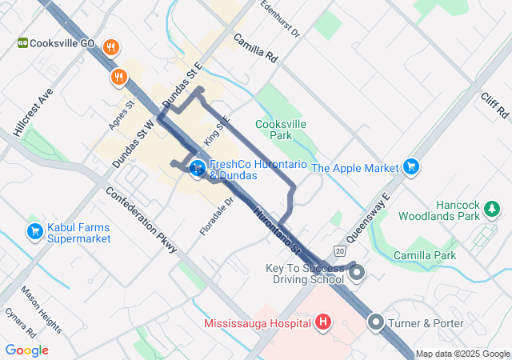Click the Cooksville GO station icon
click(x=24, y=42)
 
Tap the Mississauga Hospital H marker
click(x=323, y=323)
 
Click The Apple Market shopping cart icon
click(x=411, y=166)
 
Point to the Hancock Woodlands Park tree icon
click(x=492, y=210)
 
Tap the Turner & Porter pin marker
click(x=376, y=323)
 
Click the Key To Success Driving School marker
click(x=357, y=274)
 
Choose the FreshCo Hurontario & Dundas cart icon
click(x=198, y=168)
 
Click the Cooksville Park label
click(x=281, y=130)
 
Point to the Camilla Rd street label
click(x=255, y=48)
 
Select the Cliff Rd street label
click(x=495, y=105)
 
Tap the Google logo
click(x=26, y=350)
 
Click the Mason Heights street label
click(x=41, y=310)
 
